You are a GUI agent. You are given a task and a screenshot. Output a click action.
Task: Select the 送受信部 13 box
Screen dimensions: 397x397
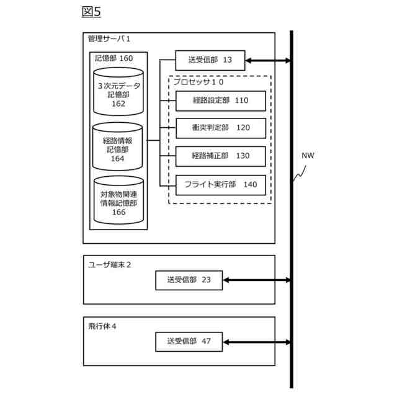pyautogui.click(x=210, y=60)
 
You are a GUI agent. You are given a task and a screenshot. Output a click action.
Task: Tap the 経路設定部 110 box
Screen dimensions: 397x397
pyautogui.click(x=220, y=100)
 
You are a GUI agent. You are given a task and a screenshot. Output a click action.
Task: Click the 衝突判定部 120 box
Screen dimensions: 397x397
pyautogui.click(x=220, y=128)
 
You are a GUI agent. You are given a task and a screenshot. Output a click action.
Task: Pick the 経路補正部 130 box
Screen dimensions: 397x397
pyautogui.click(x=220, y=156)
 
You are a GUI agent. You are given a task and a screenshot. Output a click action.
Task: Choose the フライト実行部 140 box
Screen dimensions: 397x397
pyautogui.click(x=220, y=184)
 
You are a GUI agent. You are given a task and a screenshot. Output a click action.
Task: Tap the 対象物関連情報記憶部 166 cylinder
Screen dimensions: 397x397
pyautogui.click(x=118, y=201)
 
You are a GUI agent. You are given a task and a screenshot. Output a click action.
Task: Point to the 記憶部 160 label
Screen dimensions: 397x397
pyautogui.click(x=114, y=58)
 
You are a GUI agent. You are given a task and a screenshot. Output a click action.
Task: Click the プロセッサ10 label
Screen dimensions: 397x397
pyautogui.click(x=198, y=82)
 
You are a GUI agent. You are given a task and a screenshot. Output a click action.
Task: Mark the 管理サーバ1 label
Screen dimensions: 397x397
pyautogui.click(x=109, y=39)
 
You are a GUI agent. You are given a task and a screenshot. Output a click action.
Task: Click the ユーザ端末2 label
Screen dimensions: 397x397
pyautogui.click(x=109, y=264)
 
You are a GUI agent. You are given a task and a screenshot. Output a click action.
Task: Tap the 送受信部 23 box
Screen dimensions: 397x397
pyautogui.click(x=189, y=280)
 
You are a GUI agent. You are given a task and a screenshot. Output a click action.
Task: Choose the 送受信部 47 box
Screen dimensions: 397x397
pyautogui.click(x=189, y=342)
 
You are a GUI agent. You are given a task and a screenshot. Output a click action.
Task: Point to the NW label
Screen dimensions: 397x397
pyautogui.click(x=308, y=155)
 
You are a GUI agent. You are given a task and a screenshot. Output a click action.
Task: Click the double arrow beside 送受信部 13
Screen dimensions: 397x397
pyautogui.click(x=268, y=60)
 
